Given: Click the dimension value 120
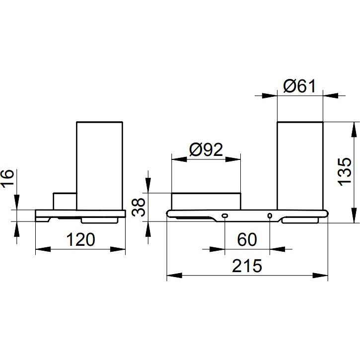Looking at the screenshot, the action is tap(80, 239).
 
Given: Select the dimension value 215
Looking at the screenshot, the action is tap(247, 266).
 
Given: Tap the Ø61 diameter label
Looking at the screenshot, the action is tap(299, 86).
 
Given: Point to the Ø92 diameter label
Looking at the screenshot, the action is tap(206, 149).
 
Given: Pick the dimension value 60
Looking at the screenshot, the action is tap(247, 239).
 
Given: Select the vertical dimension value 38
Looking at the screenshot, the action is tap(139, 208).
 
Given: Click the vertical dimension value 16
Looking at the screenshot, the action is tap(7, 179).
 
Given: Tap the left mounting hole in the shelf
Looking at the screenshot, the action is tap(224, 216).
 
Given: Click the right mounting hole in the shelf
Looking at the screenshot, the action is tap(270, 216).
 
